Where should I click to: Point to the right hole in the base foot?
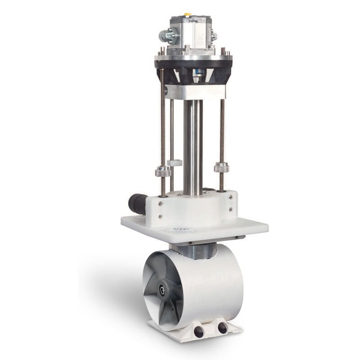coord(222,328)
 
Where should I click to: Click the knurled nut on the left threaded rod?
coord(162,172)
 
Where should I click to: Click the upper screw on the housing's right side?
coord(231,197)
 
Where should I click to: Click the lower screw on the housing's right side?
coord(231,209)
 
